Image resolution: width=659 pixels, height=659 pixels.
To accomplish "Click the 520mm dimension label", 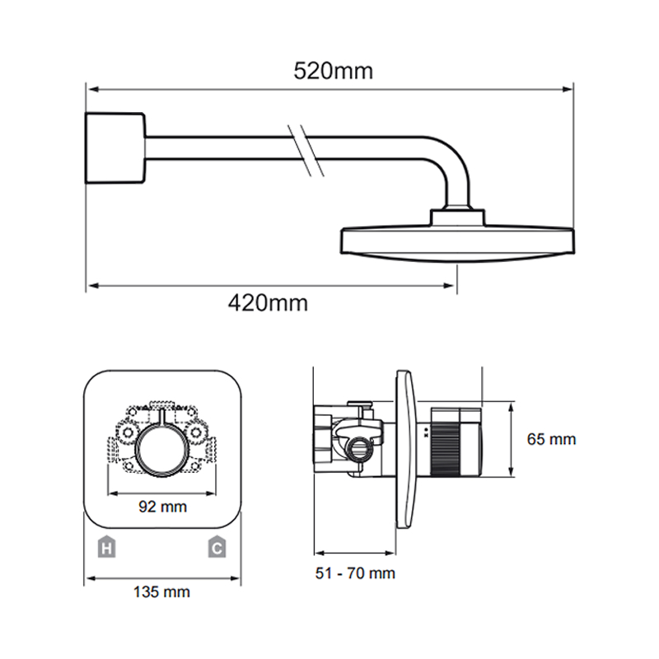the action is click(333, 71).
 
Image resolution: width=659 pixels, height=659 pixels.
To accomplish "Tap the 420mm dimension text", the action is click(268, 302).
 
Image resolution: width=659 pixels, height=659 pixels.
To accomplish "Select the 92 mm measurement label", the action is click(162, 507).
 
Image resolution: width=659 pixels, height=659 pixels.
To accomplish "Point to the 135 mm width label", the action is click(161, 591).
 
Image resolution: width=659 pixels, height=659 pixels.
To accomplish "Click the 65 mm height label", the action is click(551, 439).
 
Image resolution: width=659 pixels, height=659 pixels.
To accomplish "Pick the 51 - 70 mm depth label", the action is click(355, 573).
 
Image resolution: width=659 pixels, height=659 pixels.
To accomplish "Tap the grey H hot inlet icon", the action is click(107, 547).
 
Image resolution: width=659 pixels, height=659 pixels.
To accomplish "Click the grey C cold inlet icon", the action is click(217, 547).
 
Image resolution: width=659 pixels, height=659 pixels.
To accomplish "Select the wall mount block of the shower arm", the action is click(115, 148).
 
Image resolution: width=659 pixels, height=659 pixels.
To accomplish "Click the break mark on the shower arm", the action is click(306, 150).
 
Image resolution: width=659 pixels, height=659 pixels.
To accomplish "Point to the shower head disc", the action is click(457, 245).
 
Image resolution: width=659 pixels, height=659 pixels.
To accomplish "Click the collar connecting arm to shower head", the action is click(457, 217).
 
